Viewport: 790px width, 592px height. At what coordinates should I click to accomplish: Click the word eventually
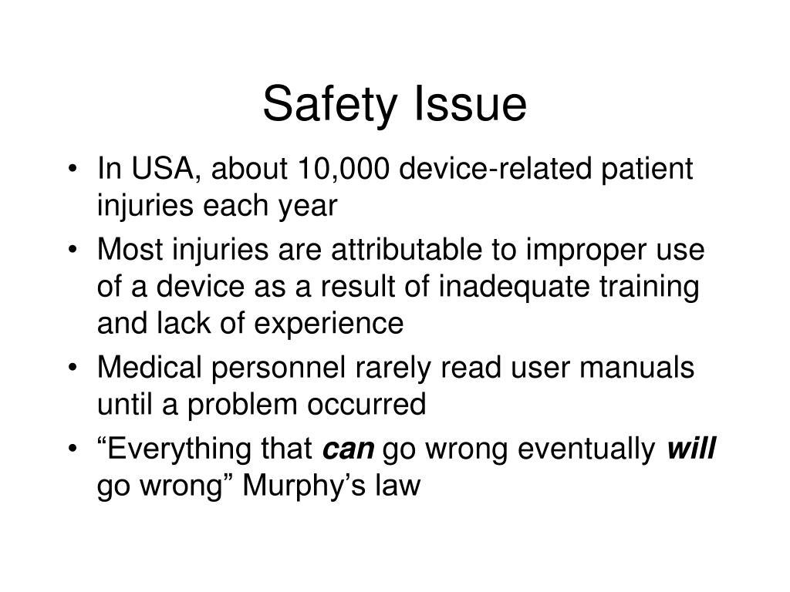pyautogui.click(x=586, y=449)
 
